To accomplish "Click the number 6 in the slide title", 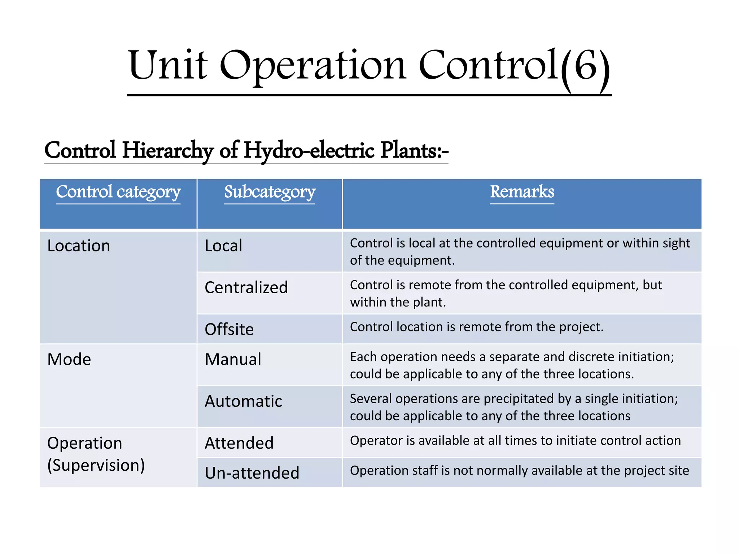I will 585,66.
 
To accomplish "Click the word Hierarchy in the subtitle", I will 168,150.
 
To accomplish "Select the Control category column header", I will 118,192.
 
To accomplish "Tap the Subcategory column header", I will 270,192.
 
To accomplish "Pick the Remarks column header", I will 522,192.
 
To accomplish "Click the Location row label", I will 79,246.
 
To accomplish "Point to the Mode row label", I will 69,360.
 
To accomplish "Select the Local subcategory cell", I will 223,246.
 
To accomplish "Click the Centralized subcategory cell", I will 246,288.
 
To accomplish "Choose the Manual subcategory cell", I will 233,360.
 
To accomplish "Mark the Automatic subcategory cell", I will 243,401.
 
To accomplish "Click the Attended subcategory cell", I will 239,443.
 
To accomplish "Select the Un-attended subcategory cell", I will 252,473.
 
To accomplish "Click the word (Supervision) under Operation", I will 96,465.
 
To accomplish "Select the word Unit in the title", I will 168,66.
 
